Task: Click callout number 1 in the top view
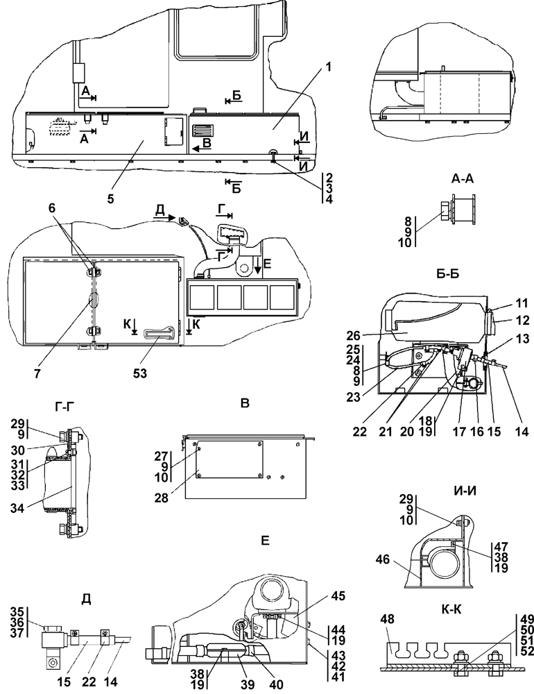[328, 68]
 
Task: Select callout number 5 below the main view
[110, 198]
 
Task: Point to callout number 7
[37, 373]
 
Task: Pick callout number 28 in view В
[162, 498]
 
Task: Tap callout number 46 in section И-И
[383, 560]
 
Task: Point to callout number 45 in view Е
[339, 595]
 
